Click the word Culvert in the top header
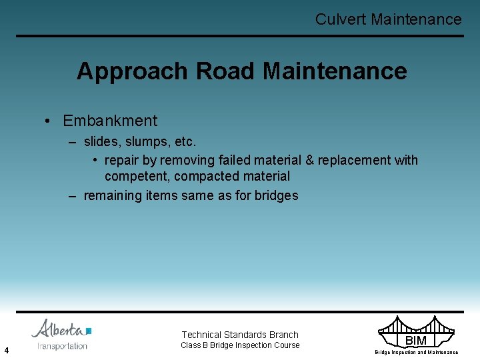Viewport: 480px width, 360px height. (341, 19)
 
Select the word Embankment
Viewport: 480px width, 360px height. (110, 121)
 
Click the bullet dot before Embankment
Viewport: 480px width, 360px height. (49, 121)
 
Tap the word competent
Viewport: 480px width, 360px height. (135, 176)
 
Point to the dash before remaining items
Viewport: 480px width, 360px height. (73, 195)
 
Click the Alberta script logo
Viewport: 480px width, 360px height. (61, 329)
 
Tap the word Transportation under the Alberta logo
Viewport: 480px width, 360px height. (63, 346)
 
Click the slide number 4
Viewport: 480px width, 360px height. (6, 349)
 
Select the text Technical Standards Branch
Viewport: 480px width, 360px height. (240, 335)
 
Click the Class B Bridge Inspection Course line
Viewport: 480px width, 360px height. (240, 345)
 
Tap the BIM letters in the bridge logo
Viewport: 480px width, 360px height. (415, 341)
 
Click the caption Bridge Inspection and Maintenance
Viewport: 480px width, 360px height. (416, 352)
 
